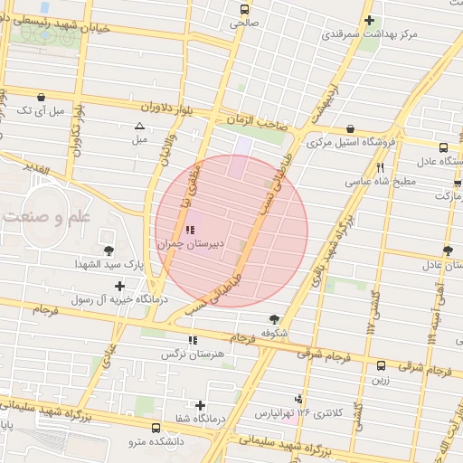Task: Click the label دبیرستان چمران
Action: point(185,244)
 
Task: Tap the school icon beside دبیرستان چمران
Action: point(188,230)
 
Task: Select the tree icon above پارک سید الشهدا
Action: point(109,250)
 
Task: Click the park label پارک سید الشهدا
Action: point(108,264)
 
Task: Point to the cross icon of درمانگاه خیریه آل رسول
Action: point(120,286)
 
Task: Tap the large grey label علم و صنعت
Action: point(44,217)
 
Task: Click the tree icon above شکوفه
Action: point(273,318)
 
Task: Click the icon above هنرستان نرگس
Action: point(192,340)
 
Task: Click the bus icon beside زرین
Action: point(381,366)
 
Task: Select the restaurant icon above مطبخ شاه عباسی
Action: point(380,167)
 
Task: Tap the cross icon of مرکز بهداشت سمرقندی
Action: point(368,20)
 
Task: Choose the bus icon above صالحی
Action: point(242,9)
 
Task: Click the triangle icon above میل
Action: point(139,127)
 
